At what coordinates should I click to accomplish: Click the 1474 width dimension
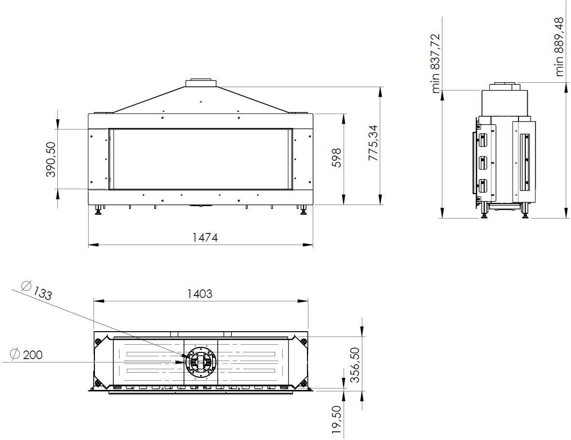205,237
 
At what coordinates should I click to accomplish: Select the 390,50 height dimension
51,159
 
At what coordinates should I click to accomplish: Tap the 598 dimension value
337,157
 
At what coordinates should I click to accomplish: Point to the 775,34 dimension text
373,143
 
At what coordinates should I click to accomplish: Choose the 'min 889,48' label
560,47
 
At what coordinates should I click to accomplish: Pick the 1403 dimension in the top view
199,294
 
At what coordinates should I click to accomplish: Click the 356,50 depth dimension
355,365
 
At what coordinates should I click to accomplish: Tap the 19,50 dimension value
337,420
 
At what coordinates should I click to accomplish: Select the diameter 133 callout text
37,290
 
